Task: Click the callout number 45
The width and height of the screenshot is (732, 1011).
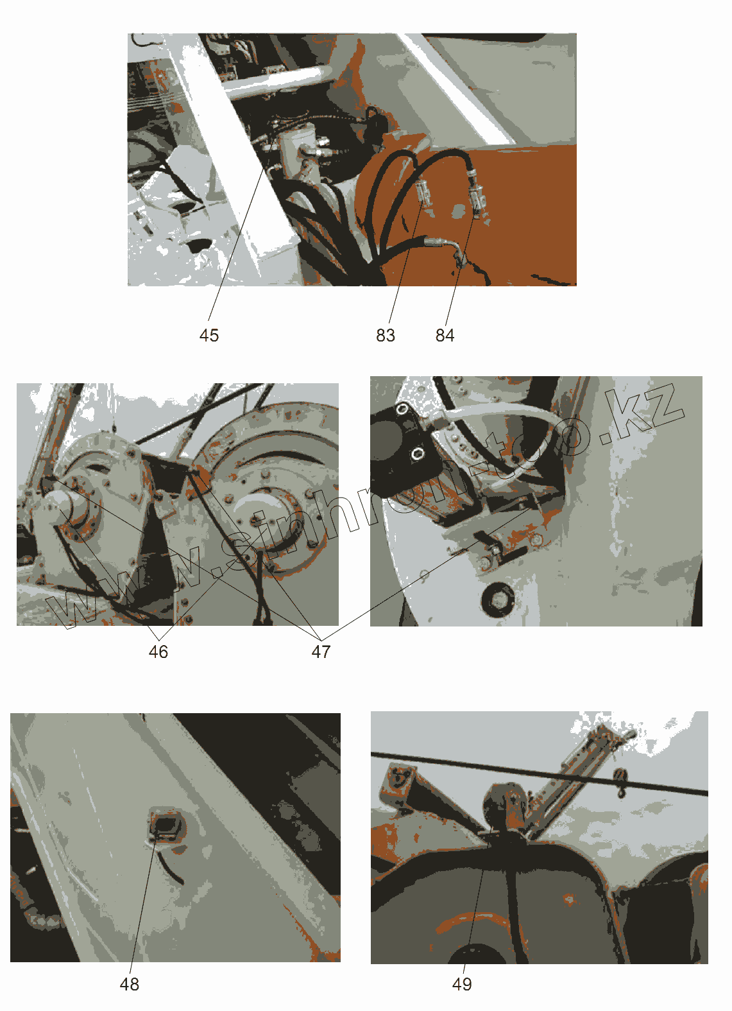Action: click(x=209, y=335)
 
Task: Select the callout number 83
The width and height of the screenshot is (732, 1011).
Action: click(x=386, y=335)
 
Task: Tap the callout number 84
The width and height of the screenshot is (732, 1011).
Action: click(x=445, y=335)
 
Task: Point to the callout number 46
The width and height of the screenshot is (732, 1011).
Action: click(x=158, y=652)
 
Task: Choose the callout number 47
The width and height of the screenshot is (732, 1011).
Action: click(x=321, y=652)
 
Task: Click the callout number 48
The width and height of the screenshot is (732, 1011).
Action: click(x=130, y=985)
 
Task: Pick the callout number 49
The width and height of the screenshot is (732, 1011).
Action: click(x=462, y=985)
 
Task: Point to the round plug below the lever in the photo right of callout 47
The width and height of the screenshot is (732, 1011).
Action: click(x=497, y=598)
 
